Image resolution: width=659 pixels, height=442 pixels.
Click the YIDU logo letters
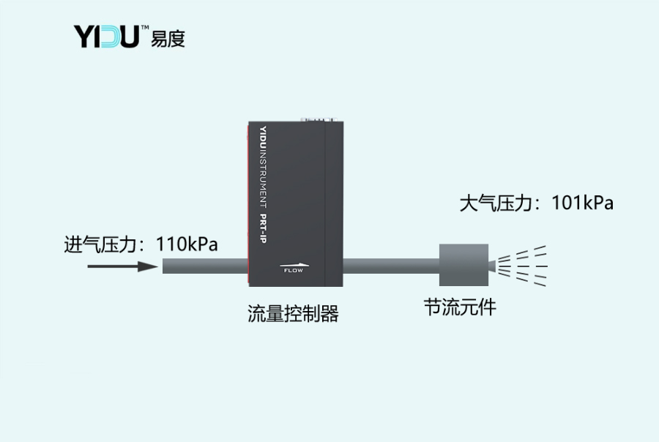(x=107, y=35)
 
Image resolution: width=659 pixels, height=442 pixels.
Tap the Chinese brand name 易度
(x=168, y=38)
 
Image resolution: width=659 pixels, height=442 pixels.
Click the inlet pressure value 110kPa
(x=187, y=244)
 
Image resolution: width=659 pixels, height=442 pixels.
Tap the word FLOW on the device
(x=292, y=271)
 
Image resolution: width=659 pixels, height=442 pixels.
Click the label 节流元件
(x=460, y=307)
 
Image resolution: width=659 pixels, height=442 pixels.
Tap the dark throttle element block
(x=459, y=265)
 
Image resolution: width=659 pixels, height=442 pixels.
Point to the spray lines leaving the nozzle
(x=524, y=265)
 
